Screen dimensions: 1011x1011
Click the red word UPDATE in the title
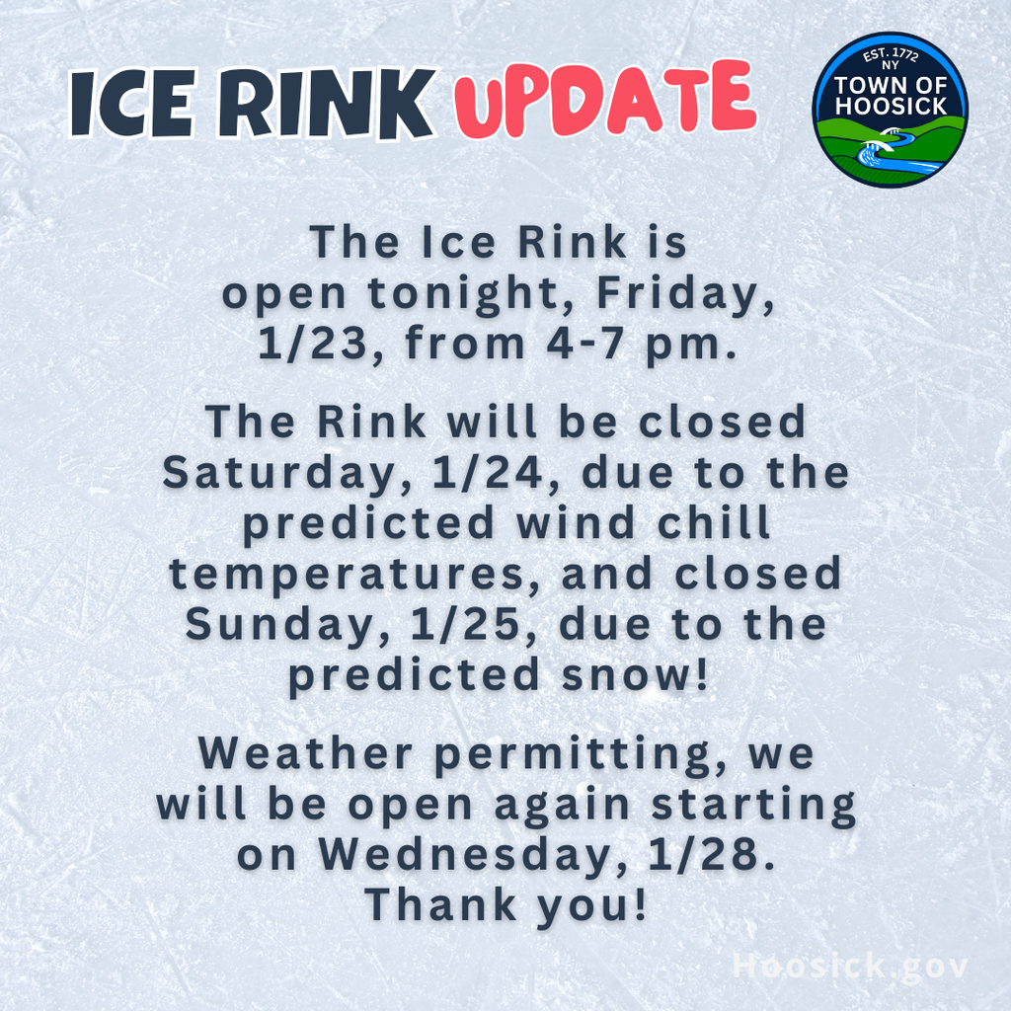pos(605,101)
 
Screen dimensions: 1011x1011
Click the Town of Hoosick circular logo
pos(890,110)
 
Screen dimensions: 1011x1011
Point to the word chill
pos(714,522)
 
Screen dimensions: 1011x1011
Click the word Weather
pos(309,753)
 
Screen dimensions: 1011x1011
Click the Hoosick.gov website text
pos(850,967)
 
